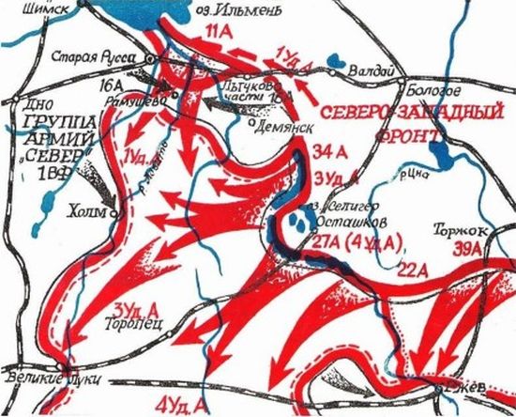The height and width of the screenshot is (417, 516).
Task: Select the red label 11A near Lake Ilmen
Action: tap(217, 37)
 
